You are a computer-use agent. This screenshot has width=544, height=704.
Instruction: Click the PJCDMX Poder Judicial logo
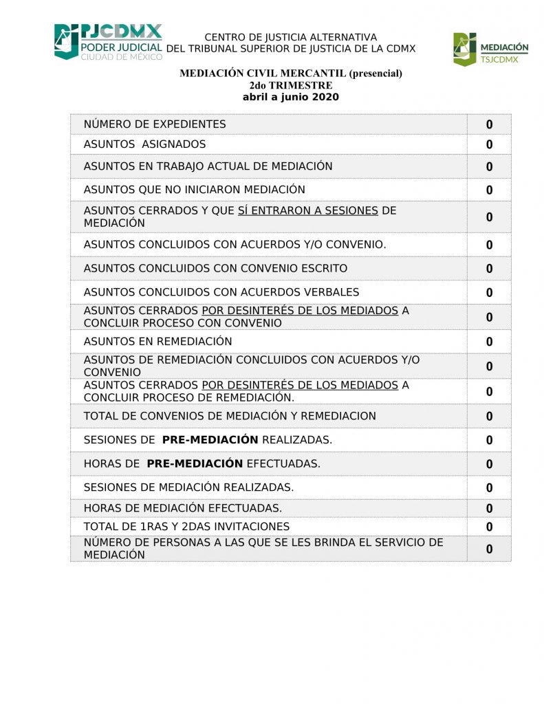pyautogui.click(x=108, y=42)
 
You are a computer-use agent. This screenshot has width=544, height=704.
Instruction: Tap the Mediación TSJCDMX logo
pyautogui.click(x=490, y=49)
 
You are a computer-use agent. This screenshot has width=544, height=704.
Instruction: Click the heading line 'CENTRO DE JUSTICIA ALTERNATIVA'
pyautogui.click(x=290, y=37)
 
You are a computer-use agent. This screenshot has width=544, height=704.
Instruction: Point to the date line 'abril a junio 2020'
pyautogui.click(x=290, y=97)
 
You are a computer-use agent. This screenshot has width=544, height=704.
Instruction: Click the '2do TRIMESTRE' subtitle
pyautogui.click(x=290, y=85)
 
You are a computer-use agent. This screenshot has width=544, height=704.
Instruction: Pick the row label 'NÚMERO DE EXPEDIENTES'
pyautogui.click(x=155, y=124)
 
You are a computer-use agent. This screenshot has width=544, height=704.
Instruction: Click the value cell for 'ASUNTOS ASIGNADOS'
pyautogui.click(x=489, y=145)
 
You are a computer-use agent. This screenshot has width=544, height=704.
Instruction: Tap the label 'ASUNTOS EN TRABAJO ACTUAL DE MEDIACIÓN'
pyautogui.click(x=208, y=166)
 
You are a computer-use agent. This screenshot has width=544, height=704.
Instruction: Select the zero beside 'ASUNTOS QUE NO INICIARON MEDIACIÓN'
pyautogui.click(x=489, y=190)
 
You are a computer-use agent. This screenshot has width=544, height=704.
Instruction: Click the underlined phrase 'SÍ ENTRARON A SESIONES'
pyautogui.click(x=307, y=211)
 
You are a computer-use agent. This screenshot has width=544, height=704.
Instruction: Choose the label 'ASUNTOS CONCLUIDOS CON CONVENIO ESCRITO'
pyautogui.click(x=215, y=268)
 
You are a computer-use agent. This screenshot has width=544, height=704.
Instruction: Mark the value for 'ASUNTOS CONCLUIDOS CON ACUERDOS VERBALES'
pyautogui.click(x=489, y=293)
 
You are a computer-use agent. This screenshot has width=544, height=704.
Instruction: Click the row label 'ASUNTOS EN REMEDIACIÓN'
pyautogui.click(x=157, y=342)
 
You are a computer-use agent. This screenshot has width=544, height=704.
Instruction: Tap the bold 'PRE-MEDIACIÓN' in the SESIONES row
pyautogui.click(x=210, y=440)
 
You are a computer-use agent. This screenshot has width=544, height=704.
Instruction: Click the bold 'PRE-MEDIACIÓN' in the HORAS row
pyautogui.click(x=195, y=464)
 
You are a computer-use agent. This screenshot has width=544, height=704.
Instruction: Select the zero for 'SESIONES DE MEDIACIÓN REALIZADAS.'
pyautogui.click(x=489, y=488)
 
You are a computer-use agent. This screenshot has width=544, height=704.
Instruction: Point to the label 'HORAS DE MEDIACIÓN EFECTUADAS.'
pyautogui.click(x=182, y=508)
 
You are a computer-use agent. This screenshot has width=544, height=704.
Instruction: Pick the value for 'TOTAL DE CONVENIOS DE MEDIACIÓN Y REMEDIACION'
pyautogui.click(x=489, y=417)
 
